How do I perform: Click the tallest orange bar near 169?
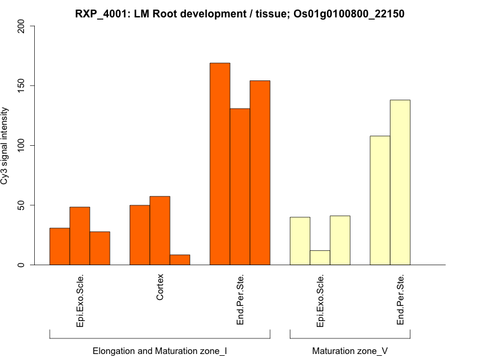click(x=220, y=164)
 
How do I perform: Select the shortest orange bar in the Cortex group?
click(x=179, y=260)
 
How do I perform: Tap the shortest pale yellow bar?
click(x=320, y=257)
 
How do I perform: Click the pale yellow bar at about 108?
click(x=380, y=200)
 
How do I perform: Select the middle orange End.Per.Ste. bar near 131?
click(x=240, y=187)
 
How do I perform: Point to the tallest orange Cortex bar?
click(x=160, y=230)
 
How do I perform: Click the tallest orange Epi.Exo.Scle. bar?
click(x=80, y=236)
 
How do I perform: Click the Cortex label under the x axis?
click(x=160, y=289)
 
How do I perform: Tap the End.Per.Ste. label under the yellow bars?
click(x=400, y=300)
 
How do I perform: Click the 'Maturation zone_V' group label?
click(x=350, y=350)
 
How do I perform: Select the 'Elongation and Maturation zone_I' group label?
click(x=160, y=350)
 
